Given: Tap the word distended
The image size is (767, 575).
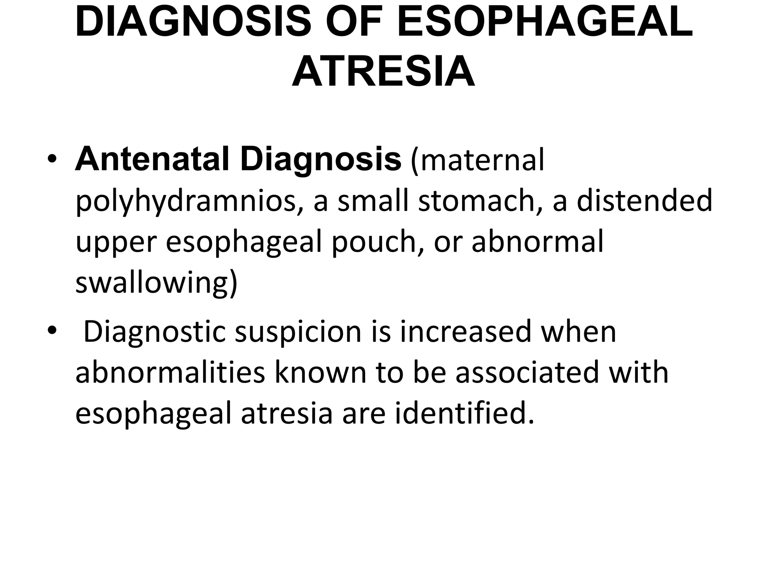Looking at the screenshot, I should tap(644, 200).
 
